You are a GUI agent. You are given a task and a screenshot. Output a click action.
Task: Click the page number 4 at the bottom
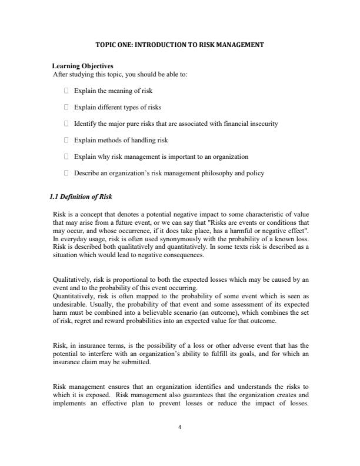180,428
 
